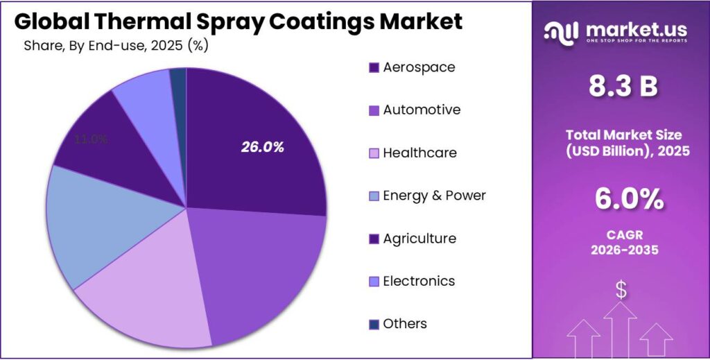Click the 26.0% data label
click(x=263, y=147)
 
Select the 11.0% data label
click(x=91, y=139)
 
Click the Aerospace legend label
click(x=419, y=67)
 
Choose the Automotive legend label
click(x=422, y=110)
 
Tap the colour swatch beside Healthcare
click(x=374, y=153)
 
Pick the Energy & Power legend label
click(x=434, y=196)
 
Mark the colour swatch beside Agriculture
click(x=374, y=239)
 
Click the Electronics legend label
click(x=419, y=281)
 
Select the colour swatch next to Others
click(x=374, y=325)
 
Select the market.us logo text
click(x=637, y=30)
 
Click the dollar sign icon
click(x=621, y=290)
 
